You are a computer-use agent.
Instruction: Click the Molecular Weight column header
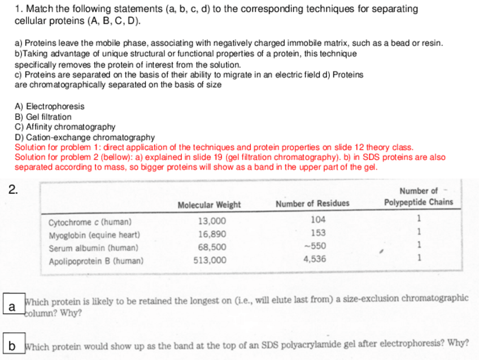[209, 204]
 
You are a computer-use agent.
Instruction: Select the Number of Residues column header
[312, 203]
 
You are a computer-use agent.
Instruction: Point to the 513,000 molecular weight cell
[211, 260]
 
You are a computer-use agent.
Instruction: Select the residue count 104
[318, 220]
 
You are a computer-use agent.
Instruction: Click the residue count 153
[318, 233]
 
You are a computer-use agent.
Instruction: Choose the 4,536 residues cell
[316, 259]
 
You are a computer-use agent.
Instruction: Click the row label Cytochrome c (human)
[90, 222]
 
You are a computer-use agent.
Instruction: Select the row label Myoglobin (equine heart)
[94, 235]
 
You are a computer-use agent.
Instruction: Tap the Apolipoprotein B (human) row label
[96, 261]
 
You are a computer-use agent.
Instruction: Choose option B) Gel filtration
[43, 116]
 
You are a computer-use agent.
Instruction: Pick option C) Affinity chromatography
[65, 127]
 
